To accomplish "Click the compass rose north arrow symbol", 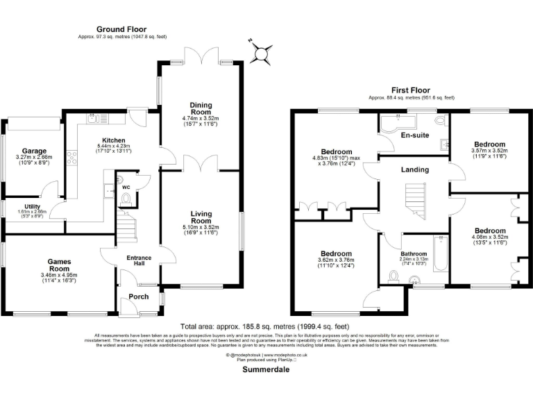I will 261,51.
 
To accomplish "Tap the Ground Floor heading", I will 121,29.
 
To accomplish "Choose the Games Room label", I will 59,265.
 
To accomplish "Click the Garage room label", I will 33,151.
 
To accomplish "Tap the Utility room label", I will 33,206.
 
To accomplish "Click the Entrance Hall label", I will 138,261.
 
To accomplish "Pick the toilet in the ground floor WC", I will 126,200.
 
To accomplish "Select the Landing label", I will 415,169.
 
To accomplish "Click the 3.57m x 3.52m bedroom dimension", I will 490,150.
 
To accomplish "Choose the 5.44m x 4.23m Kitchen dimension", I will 112,146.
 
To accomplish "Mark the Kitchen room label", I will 112,140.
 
